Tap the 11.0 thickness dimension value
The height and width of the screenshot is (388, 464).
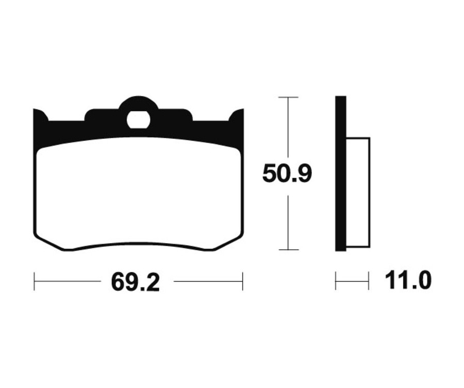408,281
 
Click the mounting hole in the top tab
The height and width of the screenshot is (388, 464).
139,120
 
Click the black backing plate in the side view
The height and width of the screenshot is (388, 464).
341,173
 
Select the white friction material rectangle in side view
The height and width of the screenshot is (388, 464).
358,192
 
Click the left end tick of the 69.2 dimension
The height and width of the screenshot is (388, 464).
35,281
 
